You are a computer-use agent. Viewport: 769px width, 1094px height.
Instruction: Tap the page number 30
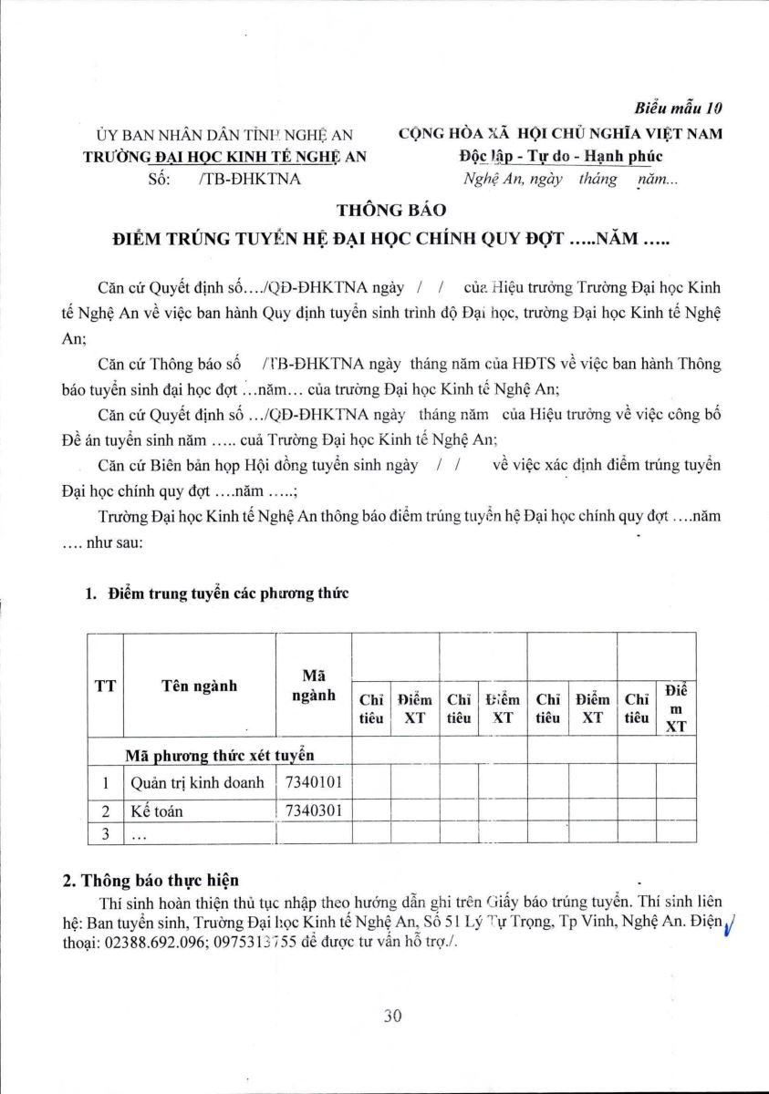coord(393,1017)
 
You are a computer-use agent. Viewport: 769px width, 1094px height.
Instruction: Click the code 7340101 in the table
coord(314,781)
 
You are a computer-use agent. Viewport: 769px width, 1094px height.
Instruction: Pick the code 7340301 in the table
coord(314,810)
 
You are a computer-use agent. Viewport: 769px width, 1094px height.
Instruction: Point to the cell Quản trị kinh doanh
coord(197,782)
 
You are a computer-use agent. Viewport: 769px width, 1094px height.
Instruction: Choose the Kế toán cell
coord(155,810)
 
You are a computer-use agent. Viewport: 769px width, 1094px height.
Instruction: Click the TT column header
coord(105,686)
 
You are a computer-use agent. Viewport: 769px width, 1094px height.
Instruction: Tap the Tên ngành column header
coord(199,686)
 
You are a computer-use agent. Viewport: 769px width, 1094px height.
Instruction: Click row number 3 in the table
coord(106,833)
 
